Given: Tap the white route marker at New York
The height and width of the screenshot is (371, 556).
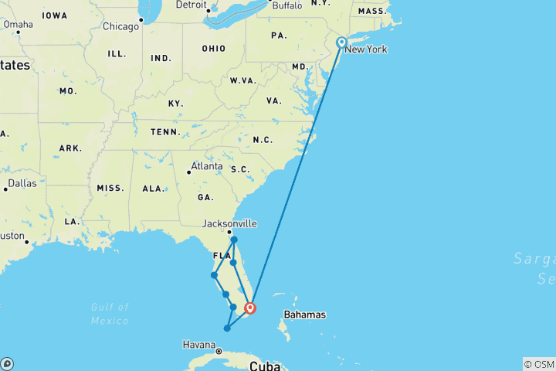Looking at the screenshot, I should [341, 43].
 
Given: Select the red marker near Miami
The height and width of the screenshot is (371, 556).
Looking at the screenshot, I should [250, 308].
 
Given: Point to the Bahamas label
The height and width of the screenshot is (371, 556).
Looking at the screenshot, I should [304, 315].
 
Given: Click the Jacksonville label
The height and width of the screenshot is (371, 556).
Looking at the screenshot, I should [229, 224].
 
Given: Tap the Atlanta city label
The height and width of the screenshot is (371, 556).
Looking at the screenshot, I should [207, 165].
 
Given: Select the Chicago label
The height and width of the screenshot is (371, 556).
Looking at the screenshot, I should [121, 26].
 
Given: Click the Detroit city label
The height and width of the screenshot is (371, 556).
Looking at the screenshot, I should [192, 5].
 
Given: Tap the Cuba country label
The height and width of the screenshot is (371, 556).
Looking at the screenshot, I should [263, 365].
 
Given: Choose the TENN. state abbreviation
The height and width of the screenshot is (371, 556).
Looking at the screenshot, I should [164, 131].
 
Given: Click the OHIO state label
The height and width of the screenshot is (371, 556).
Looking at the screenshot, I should [214, 49].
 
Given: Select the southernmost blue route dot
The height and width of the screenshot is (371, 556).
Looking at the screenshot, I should [226, 328].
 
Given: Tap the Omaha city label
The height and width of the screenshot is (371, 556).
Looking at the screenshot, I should [18, 24].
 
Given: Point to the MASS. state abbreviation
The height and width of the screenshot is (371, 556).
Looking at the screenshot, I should [372, 12].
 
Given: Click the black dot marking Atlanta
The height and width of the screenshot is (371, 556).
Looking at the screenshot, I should [188, 172].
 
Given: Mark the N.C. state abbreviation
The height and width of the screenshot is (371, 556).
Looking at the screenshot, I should [263, 140].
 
